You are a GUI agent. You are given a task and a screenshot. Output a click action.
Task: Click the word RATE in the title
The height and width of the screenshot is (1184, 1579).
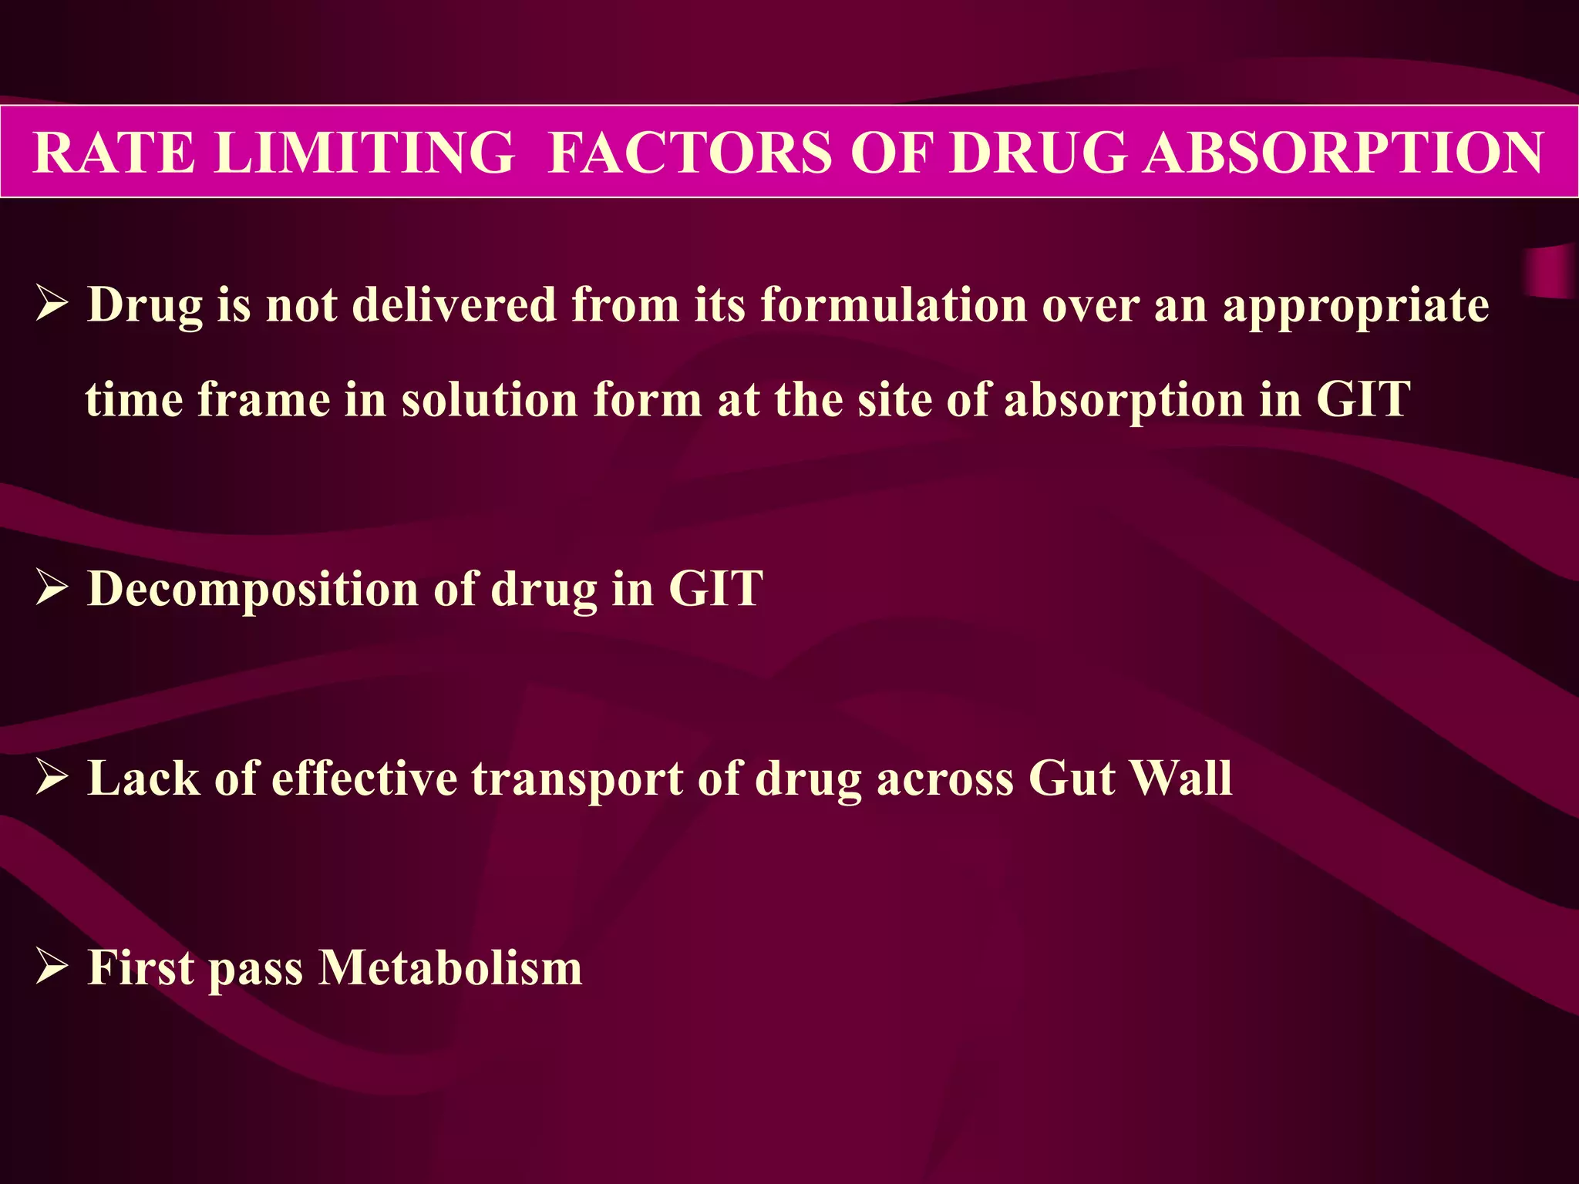(114, 153)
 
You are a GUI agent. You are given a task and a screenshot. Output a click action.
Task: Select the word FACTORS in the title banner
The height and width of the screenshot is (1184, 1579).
(690, 153)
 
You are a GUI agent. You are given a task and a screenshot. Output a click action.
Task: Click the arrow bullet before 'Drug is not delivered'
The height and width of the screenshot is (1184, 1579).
(52, 305)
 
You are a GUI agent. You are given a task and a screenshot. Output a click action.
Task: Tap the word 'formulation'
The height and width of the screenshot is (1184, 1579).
(894, 305)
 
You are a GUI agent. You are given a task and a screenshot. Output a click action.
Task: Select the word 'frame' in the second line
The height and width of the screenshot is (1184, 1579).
(264, 400)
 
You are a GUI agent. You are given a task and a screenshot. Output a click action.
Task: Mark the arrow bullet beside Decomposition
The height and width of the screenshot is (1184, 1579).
(52, 589)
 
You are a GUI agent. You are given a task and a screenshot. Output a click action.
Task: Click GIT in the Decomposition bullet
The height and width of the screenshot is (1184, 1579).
(715, 589)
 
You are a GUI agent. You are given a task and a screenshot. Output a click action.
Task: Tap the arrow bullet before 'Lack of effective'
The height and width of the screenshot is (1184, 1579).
(52, 779)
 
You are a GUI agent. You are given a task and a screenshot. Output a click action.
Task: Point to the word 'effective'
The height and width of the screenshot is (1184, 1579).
(365, 779)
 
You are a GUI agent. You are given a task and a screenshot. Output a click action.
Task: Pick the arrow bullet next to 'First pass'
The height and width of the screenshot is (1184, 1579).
(52, 968)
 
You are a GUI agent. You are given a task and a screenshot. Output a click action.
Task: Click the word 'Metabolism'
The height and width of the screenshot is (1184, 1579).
(450, 968)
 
